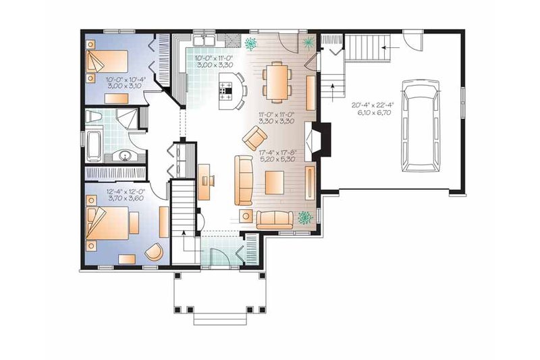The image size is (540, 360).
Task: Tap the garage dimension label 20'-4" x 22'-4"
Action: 373,105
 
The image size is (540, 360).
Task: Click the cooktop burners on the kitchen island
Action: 227,88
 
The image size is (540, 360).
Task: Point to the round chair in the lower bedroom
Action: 155,252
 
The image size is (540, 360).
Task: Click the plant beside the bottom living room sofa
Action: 306,217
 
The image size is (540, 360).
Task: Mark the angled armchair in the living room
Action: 255,140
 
